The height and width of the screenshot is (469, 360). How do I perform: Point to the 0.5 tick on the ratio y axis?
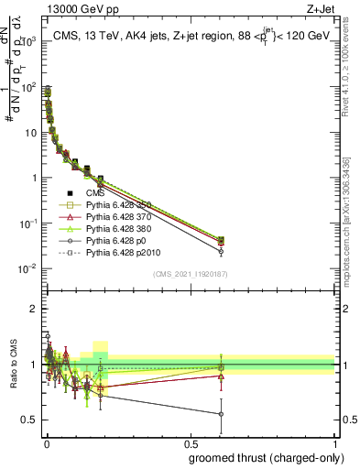[28, 420]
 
